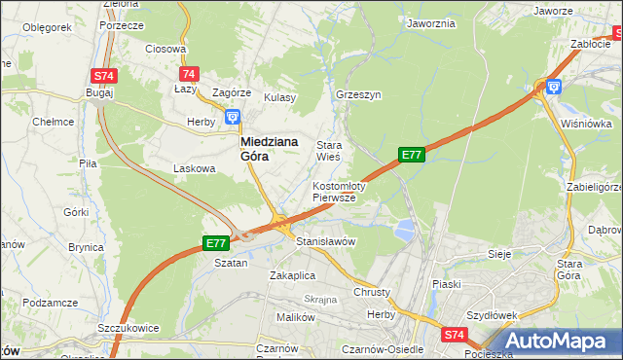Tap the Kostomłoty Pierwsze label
338,191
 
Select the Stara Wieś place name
327,151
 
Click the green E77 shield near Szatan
216,243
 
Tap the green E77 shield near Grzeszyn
412,154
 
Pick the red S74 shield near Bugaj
103,76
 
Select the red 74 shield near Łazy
189,74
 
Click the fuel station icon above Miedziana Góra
233,118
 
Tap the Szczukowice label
128,329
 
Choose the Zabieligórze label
594,187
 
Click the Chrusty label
372,292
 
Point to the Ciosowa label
165,49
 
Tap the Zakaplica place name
291,275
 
